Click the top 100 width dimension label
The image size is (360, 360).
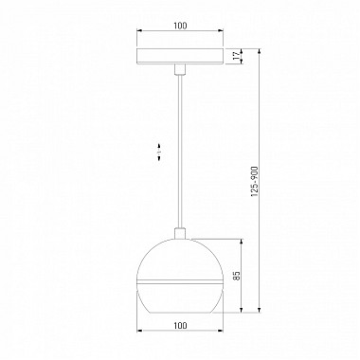(180, 26)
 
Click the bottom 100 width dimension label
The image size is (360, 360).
(180, 325)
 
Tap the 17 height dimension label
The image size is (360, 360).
(236, 56)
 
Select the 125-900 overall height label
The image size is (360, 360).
(255, 182)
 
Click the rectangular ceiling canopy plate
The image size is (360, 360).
(180, 56)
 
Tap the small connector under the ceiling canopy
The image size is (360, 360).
(180, 69)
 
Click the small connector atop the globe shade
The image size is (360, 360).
(180, 233)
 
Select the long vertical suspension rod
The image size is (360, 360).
(180, 152)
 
